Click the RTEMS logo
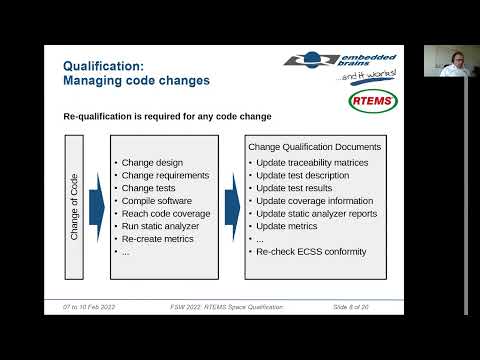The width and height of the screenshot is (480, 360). pyautogui.click(x=372, y=101)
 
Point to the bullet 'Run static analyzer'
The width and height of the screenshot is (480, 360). pyautogui.click(x=163, y=226)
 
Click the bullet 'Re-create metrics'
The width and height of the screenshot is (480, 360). pyautogui.click(x=161, y=239)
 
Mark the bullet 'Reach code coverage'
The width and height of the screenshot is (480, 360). pyautogui.click(x=166, y=213)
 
